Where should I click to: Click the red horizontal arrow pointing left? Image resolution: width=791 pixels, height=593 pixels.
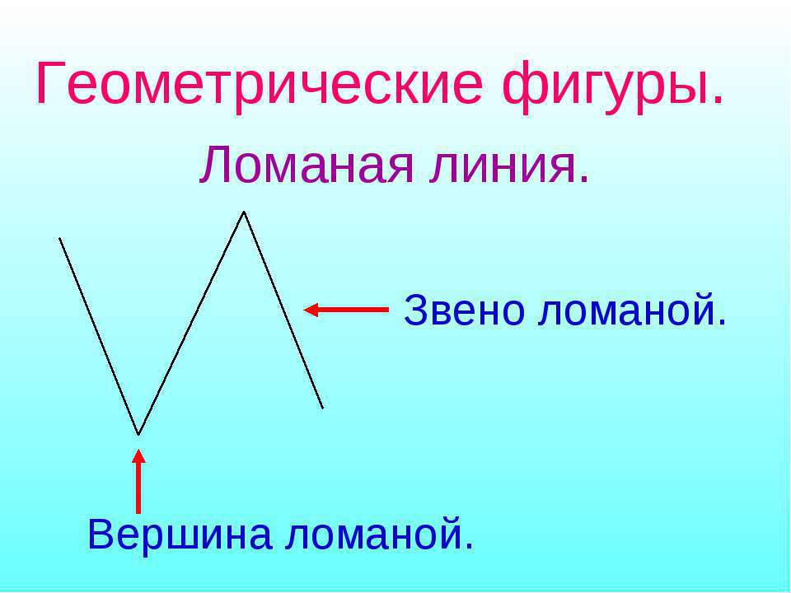346,310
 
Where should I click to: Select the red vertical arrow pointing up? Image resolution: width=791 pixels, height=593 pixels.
138,481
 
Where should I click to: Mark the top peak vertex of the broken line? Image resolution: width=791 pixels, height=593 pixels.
244,212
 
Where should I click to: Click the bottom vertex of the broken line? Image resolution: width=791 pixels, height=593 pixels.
138,434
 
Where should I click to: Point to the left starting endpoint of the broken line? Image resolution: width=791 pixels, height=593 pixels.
59,238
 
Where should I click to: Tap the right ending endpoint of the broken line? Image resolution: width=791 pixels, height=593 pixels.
322,408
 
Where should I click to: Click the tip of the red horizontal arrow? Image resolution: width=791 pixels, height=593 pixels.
304,310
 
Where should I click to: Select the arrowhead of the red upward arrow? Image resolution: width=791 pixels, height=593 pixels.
138,455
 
